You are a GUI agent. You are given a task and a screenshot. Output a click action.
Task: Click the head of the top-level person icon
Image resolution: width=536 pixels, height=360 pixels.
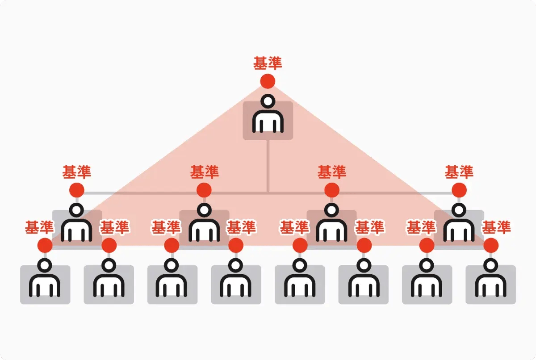click(x=268, y=101)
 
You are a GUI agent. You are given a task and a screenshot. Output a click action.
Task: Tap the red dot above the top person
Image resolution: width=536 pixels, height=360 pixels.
click(x=268, y=81)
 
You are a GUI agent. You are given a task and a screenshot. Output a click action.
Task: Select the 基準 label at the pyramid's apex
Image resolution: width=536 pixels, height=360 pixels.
click(x=268, y=63)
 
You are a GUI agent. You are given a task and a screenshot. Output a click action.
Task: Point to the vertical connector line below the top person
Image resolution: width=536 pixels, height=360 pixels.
click(x=268, y=166)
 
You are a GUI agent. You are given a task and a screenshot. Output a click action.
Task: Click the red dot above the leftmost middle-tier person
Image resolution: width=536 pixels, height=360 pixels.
click(x=76, y=190)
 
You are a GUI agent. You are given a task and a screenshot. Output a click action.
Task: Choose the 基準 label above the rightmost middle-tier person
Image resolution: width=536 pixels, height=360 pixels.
click(x=459, y=172)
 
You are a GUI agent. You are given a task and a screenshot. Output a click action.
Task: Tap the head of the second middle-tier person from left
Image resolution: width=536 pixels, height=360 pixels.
click(x=204, y=210)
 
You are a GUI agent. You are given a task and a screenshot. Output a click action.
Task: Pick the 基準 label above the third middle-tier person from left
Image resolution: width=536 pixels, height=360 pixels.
click(x=331, y=172)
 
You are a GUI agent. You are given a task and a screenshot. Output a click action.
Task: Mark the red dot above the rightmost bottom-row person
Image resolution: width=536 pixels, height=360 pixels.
click(x=491, y=245)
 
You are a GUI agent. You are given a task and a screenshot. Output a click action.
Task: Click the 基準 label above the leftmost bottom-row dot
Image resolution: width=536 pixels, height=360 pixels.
click(x=39, y=227)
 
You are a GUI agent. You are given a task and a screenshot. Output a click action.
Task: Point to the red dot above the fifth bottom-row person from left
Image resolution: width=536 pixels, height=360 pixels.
click(x=300, y=245)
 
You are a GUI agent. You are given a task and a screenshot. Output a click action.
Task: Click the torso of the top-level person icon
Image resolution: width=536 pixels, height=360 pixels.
click(x=268, y=121)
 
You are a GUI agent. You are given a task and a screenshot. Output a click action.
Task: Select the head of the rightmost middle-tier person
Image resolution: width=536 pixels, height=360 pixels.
click(x=459, y=210)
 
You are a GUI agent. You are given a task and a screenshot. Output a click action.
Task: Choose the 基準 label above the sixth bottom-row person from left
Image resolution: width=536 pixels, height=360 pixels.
click(x=369, y=227)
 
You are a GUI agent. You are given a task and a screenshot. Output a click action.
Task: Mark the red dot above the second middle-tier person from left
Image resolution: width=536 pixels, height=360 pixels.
click(x=204, y=190)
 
